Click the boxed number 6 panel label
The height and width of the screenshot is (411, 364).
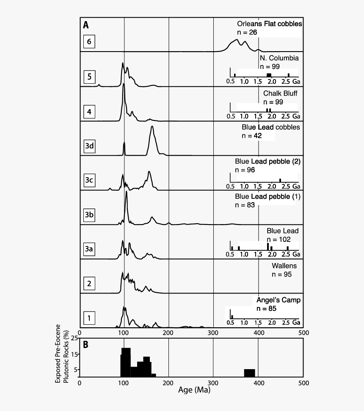pos(89,42)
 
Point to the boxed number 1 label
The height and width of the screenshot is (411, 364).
pos(89,318)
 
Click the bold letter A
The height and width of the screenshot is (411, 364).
pos(86,25)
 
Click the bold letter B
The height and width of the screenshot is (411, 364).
pos(86,345)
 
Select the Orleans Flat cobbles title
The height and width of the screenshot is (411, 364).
pos(269,24)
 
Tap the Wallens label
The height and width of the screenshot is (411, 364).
pos(284,266)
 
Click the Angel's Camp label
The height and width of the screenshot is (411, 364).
pos(278,300)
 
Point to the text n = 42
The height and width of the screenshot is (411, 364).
pos(251,136)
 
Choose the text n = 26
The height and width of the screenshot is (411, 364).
pos(247,32)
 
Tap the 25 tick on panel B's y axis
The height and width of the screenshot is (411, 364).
pos(74,338)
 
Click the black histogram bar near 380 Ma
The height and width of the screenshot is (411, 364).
pos(250,373)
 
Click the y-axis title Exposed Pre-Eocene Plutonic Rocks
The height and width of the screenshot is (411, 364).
pos(62,354)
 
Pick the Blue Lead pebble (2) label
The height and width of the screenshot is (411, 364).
pos(267,162)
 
